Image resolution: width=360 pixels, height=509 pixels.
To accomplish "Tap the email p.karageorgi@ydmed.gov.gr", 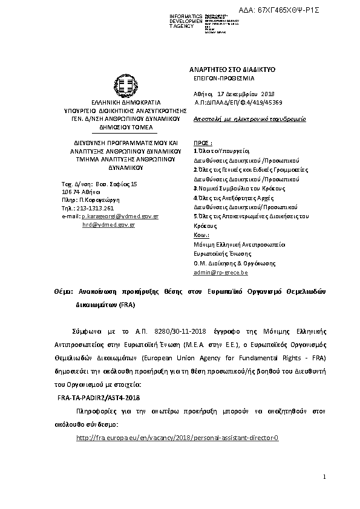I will [120, 216].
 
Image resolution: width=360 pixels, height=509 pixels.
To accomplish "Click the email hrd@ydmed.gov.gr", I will [108, 224].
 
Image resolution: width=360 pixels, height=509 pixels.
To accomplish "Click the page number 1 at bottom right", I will [324, 478].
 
